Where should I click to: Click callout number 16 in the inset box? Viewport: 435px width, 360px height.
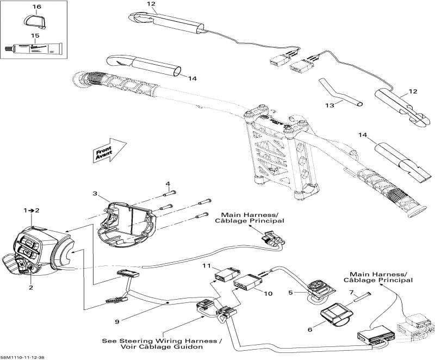(36, 7)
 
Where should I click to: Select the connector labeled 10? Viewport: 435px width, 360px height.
(247, 284)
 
